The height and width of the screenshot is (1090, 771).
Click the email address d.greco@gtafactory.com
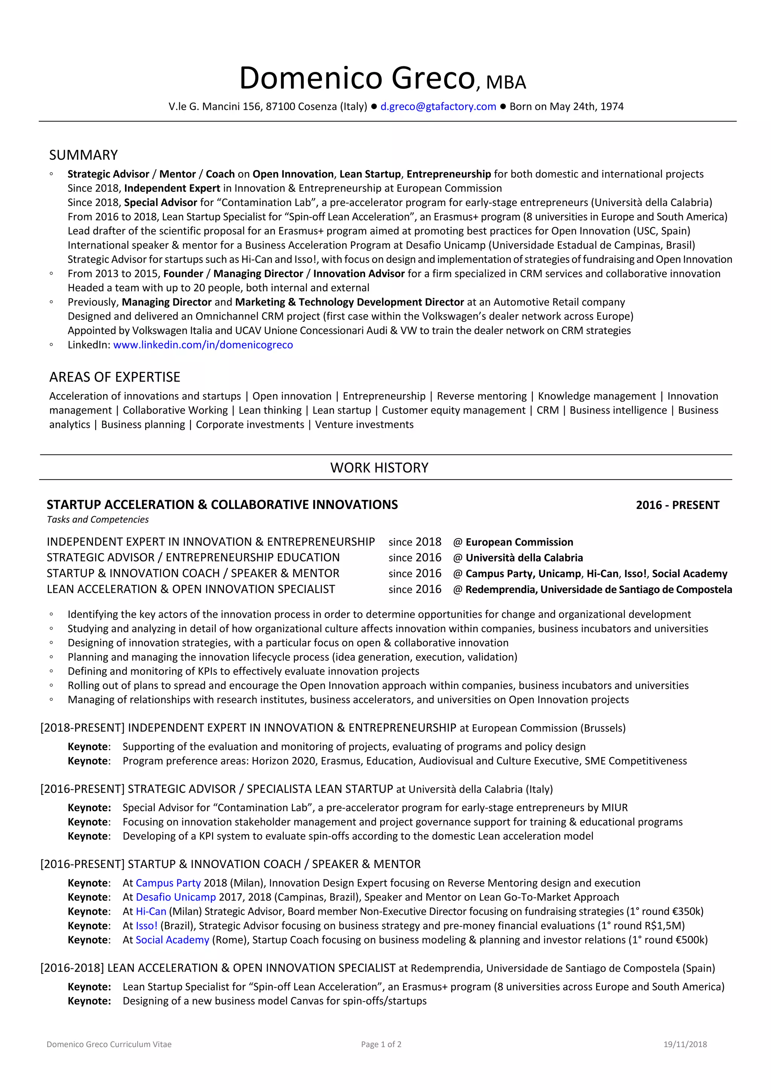click(438, 106)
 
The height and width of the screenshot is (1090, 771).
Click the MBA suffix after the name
click(506, 83)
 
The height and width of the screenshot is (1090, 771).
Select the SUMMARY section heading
click(84, 155)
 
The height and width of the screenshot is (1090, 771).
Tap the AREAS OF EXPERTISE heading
click(114, 377)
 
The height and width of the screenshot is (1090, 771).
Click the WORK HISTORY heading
click(379, 468)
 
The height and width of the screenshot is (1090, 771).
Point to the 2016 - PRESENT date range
click(678, 505)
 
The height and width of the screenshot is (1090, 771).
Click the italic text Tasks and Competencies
click(98, 519)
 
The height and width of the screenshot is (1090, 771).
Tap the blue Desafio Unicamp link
click(176, 897)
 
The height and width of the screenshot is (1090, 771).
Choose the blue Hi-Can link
click(151, 911)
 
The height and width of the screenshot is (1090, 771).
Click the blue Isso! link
click(146, 926)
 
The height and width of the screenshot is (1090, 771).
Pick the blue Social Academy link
click(172, 940)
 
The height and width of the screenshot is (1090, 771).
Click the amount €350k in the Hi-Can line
click(687, 911)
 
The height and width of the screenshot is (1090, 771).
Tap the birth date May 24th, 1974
click(586, 106)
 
